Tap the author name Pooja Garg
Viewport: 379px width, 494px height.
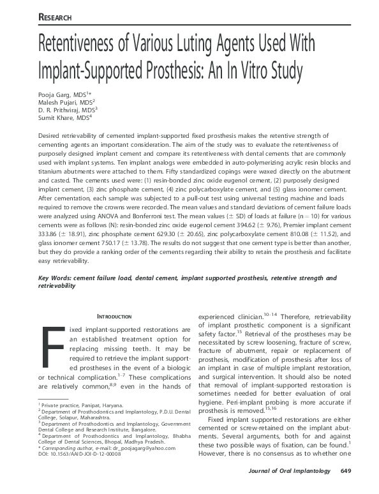[56, 94]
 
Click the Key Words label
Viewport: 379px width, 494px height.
[54, 279]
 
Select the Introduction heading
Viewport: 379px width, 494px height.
[114, 317]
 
